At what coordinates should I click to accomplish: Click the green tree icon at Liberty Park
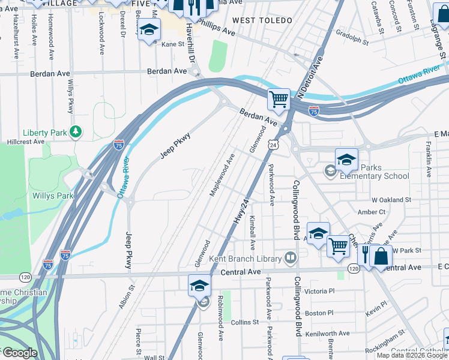click(x=75, y=131)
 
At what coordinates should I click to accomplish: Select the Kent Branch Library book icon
click(x=291, y=258)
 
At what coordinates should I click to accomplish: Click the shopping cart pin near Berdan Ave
click(x=279, y=99)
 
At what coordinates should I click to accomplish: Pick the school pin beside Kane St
click(x=149, y=30)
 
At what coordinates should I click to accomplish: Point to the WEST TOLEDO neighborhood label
click(x=262, y=20)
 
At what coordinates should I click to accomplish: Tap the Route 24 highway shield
click(x=273, y=145)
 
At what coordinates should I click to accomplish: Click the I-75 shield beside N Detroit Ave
click(x=313, y=111)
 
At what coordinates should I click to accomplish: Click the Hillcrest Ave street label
click(x=26, y=142)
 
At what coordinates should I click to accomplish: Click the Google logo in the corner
click(x=19, y=353)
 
